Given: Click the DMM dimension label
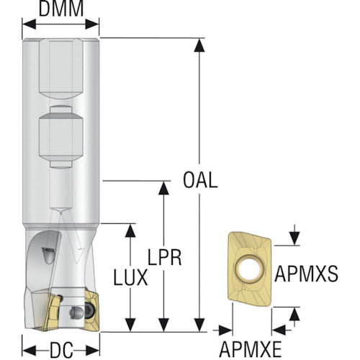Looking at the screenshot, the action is point(61,9).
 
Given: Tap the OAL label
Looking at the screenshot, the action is point(200,180).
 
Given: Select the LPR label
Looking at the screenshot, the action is point(164,257).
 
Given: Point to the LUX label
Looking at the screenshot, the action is point(130,277).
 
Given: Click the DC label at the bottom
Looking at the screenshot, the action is point(61,350).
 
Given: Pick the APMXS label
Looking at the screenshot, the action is point(307,274).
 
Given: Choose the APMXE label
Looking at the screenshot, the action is point(251,350).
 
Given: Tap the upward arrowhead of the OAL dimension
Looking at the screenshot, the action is point(199,45).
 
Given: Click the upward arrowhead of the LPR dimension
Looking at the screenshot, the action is point(163,188).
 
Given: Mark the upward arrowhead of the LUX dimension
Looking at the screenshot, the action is point(130,230).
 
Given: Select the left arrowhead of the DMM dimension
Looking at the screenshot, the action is point(29,24).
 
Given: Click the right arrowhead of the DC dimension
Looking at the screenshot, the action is point(92,351).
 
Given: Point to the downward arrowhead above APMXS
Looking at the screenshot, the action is point(294,238).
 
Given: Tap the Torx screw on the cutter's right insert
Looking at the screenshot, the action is point(89,309).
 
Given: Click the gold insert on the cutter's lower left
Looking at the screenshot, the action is point(52,312).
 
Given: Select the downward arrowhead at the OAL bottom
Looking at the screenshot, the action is point(199,325).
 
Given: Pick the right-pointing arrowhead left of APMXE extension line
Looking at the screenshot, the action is point(225,330).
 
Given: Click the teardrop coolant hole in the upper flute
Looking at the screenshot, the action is point(49,255).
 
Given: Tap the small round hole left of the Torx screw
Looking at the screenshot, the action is point(74,312).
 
